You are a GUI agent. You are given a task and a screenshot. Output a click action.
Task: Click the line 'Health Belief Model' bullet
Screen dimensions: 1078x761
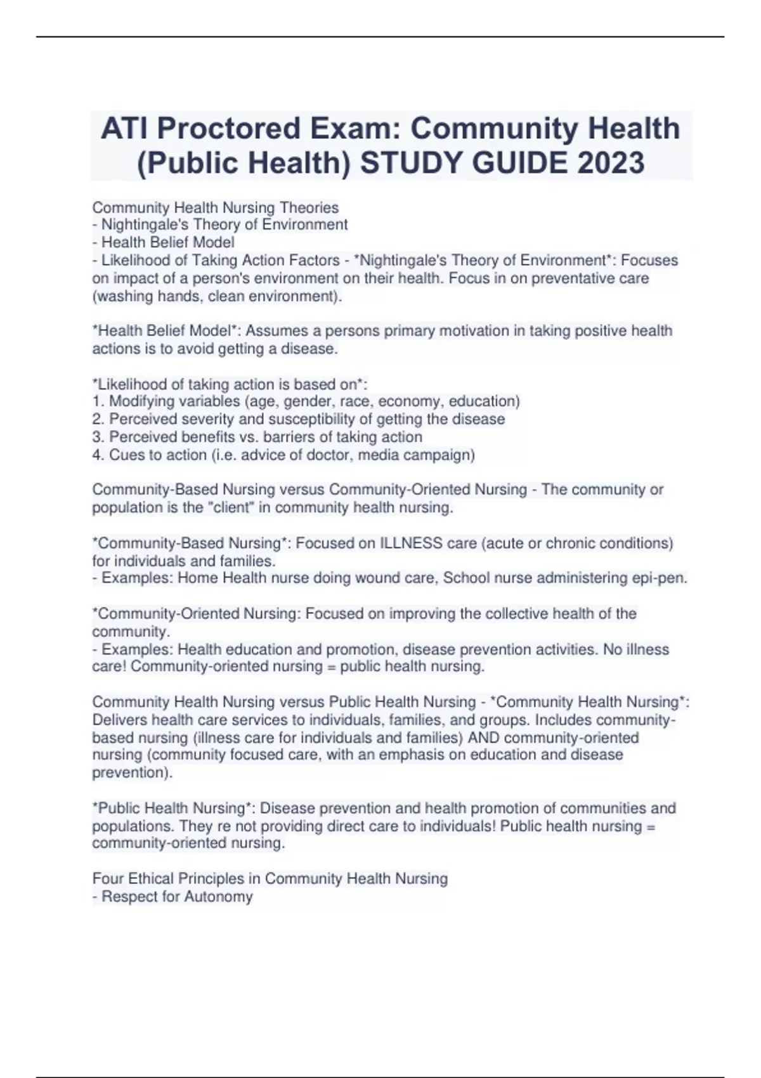(x=167, y=242)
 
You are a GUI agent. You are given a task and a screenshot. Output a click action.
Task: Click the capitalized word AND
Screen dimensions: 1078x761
(x=484, y=738)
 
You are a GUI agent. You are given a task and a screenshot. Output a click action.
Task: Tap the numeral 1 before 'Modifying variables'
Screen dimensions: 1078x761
(x=96, y=401)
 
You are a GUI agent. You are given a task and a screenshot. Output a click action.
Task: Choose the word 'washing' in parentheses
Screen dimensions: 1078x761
(x=122, y=296)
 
